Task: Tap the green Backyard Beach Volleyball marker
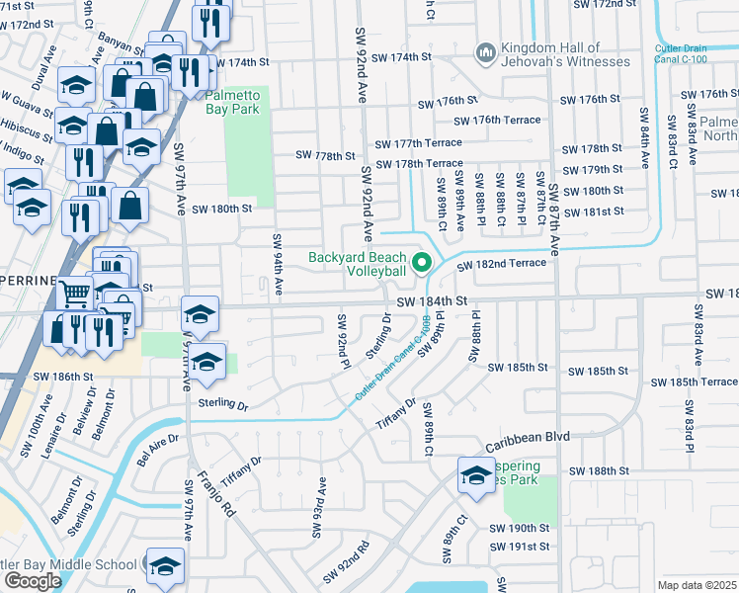point(422,263)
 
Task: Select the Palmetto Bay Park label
point(232,102)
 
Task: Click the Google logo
point(33,580)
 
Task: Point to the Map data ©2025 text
point(697,585)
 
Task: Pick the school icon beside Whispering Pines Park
point(475,475)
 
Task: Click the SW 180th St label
point(222,209)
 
